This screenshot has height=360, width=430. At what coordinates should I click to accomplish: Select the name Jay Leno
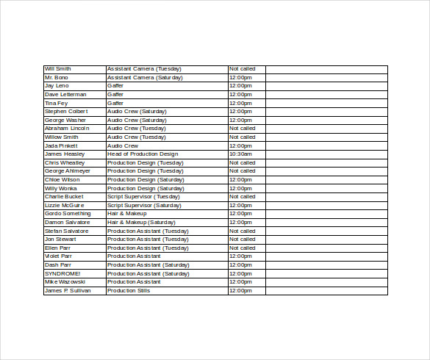pyautogui.click(x=57, y=86)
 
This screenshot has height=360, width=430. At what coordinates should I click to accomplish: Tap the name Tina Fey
pyautogui.click(x=56, y=103)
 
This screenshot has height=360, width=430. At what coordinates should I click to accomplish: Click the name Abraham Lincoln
pyautogui.click(x=67, y=129)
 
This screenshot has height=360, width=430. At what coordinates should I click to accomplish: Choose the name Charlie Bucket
pyautogui.click(x=64, y=197)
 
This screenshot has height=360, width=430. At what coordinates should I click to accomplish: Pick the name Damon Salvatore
pyautogui.click(x=67, y=222)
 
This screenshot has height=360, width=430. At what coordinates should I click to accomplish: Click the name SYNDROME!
pyautogui.click(x=62, y=273)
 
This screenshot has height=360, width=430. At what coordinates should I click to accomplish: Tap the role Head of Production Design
pyautogui.click(x=143, y=154)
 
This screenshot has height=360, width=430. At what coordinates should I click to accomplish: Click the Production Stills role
pyautogui.click(x=129, y=290)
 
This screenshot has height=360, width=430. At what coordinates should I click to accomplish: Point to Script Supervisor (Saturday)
pyautogui.click(x=145, y=205)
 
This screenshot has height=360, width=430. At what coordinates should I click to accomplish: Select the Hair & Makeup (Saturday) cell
pyautogui.click(x=141, y=222)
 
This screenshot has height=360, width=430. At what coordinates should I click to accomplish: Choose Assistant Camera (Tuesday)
pyautogui.click(x=144, y=69)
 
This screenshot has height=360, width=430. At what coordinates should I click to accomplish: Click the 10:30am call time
pyautogui.click(x=240, y=154)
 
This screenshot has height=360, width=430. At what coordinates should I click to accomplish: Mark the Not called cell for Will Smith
pyautogui.click(x=243, y=69)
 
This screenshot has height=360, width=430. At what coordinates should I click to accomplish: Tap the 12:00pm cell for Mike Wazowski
pyautogui.click(x=240, y=281)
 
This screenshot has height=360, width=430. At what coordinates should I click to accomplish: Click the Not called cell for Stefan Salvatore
pyautogui.click(x=243, y=231)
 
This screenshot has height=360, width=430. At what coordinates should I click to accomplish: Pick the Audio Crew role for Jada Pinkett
pyautogui.click(x=123, y=145)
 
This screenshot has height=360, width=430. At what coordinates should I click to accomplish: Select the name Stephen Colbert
pyautogui.click(x=66, y=112)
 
